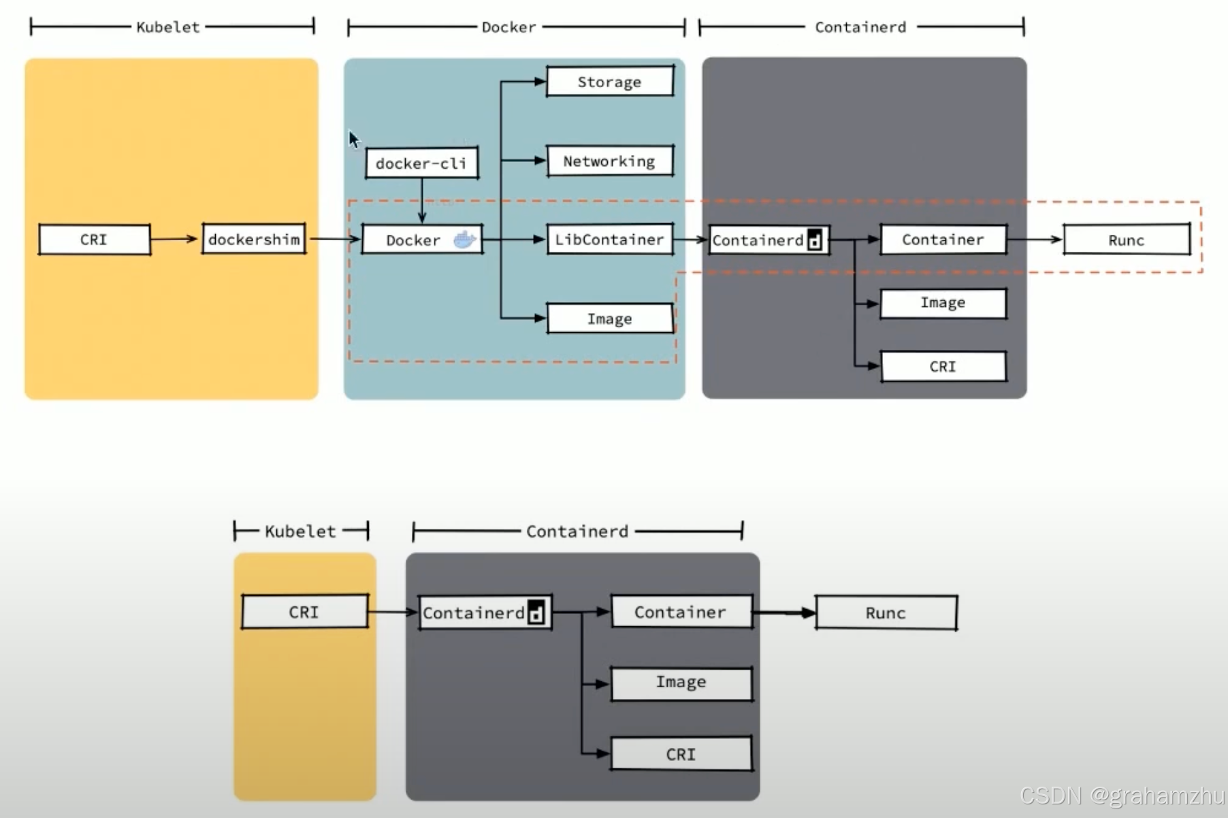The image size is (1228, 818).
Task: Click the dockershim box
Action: pyautogui.click(x=254, y=240)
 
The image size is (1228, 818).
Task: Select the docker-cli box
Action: pyautogui.click(x=421, y=163)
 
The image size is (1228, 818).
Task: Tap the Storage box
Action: pyautogui.click(x=609, y=82)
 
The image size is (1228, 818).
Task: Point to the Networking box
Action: pyautogui.click(x=609, y=161)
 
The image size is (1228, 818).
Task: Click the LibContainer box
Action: pyautogui.click(x=609, y=240)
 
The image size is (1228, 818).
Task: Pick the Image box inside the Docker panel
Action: pyautogui.click(x=609, y=318)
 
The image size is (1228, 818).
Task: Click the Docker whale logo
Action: pyautogui.click(x=465, y=240)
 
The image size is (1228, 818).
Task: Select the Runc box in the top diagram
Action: pyautogui.click(x=1127, y=240)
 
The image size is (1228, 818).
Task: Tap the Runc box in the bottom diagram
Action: pyautogui.click(x=886, y=612)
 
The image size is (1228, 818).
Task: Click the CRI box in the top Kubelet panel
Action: pyautogui.click(x=94, y=240)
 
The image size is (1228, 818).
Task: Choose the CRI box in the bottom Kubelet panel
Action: pyautogui.click(x=304, y=612)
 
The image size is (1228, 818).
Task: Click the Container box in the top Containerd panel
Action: pyautogui.click(x=943, y=240)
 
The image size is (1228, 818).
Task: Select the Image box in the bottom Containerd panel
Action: pyautogui.click(x=681, y=683)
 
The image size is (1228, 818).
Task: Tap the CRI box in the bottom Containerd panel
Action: pyautogui.click(x=681, y=754)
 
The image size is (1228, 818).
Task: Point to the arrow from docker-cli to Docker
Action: pyautogui.click(x=422, y=201)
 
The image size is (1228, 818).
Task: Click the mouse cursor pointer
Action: pyautogui.click(x=353, y=140)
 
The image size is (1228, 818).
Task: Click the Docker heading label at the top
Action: pyautogui.click(x=508, y=27)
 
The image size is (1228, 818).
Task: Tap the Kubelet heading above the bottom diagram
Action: pyautogui.click(x=300, y=531)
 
